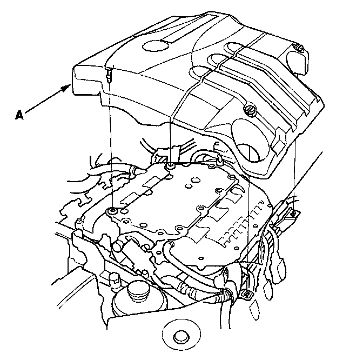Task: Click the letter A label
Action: pyautogui.click(x=20, y=115)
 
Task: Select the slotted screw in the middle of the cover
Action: pyautogui.click(x=251, y=111)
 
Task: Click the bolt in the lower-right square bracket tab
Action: pyautogui.click(x=243, y=295)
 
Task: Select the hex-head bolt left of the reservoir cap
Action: pyautogui.click(x=115, y=279)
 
